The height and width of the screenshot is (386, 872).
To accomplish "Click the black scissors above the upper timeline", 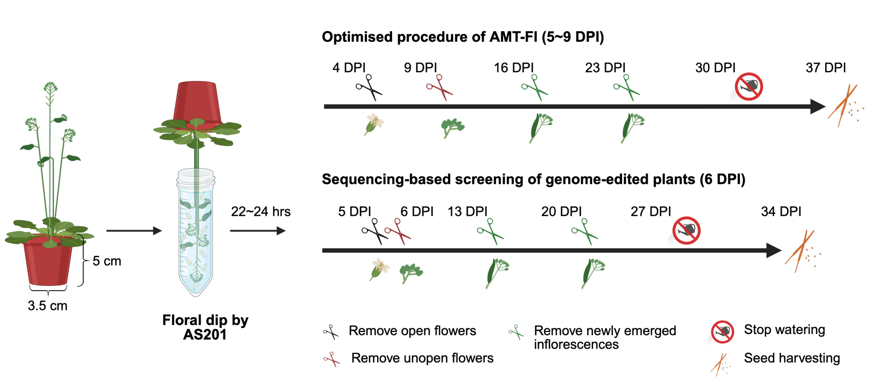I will coord(369,87).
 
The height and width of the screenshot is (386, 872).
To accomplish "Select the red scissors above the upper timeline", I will coord(440,87).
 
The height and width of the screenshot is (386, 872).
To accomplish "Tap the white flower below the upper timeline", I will coord(374,123).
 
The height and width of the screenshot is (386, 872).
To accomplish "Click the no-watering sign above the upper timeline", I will coord(749,87).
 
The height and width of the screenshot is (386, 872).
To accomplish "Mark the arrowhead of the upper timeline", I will coord(818,106).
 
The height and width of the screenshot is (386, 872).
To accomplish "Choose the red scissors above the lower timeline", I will coord(398,231).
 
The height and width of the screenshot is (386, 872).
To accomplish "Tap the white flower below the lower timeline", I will coord(380,268).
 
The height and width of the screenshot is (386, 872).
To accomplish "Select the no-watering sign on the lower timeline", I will coord(686,231).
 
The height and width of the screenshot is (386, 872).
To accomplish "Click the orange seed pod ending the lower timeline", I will coord(800,250).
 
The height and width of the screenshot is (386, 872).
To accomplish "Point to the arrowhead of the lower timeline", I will coord(774,250).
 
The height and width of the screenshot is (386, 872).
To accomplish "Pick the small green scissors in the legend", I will coord(516,332).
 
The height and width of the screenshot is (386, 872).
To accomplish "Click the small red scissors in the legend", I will coord(331,359).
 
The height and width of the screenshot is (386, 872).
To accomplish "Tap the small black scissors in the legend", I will coord(331,332).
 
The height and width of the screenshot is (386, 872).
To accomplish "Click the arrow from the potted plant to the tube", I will coord(134,231).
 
